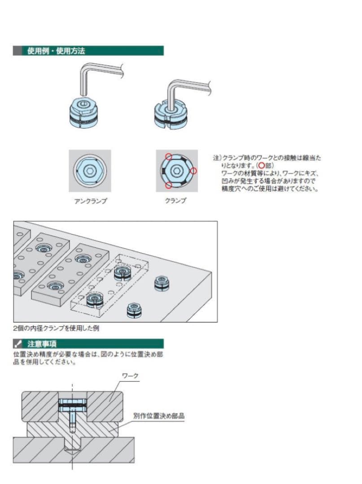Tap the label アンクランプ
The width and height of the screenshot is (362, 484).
pyautogui.click(x=90, y=201)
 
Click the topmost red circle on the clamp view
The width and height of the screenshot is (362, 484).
pyautogui.click(x=168, y=156)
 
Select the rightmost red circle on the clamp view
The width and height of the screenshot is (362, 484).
pyautogui.click(x=193, y=171)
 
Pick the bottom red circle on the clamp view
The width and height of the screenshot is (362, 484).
pyautogui.click(x=168, y=185)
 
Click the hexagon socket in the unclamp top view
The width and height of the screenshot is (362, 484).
pyautogui.click(x=90, y=171)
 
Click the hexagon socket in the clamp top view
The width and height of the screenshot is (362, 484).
pyautogui.click(x=177, y=171)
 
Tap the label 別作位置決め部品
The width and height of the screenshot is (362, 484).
pyautogui.click(x=159, y=416)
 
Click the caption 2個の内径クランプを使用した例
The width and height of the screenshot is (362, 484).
pyautogui.click(x=56, y=328)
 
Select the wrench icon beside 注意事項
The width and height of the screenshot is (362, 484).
pyautogui.click(x=18, y=344)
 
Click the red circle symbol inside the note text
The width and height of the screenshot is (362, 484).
pyautogui.click(x=262, y=165)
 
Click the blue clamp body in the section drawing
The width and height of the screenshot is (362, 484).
pyautogui.click(x=72, y=406)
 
